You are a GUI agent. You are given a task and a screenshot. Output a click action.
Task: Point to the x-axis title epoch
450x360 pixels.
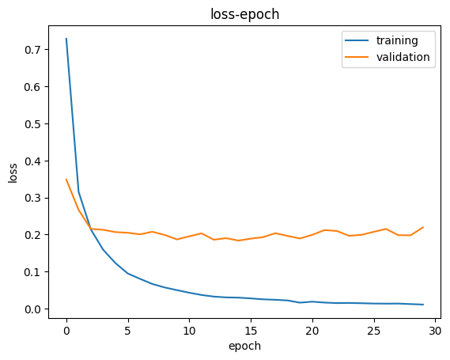pos(244,346)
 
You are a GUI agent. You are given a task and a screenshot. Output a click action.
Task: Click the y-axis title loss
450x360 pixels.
pos(13,172)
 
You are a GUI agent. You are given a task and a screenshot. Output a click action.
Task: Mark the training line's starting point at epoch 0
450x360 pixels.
pos(66,38)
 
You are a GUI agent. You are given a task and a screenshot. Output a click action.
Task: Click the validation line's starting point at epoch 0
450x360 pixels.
pos(66,180)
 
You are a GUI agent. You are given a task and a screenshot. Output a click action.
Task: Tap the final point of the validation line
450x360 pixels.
pos(423,227)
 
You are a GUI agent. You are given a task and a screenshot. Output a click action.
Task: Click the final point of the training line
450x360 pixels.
pos(423,305)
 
